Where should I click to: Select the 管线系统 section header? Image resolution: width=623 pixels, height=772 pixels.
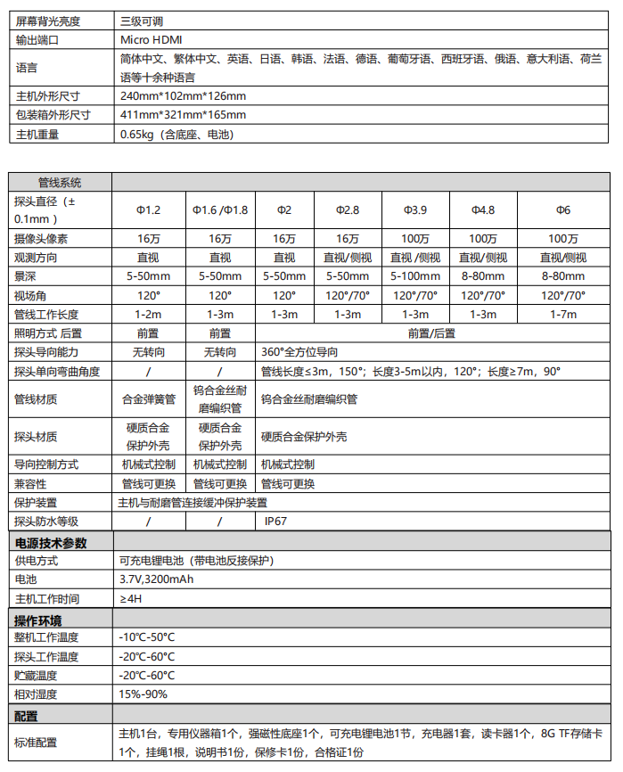click(59, 182)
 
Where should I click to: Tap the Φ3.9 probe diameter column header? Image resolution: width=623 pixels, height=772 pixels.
click(414, 209)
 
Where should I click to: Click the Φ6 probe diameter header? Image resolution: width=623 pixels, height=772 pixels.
click(563, 209)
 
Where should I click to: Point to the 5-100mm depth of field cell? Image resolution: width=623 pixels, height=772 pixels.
click(414, 276)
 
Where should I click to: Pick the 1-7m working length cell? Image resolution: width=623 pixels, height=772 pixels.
click(563, 314)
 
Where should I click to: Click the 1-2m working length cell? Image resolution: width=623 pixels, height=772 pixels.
click(148, 314)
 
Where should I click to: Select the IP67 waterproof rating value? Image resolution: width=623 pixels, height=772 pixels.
click(275, 522)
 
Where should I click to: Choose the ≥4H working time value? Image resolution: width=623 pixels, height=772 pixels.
click(131, 598)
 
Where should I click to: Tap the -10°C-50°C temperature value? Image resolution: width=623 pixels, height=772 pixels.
click(147, 637)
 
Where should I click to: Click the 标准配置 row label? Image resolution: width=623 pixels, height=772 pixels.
click(36, 743)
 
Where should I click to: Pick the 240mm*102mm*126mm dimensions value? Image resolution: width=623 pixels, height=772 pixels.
click(183, 95)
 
